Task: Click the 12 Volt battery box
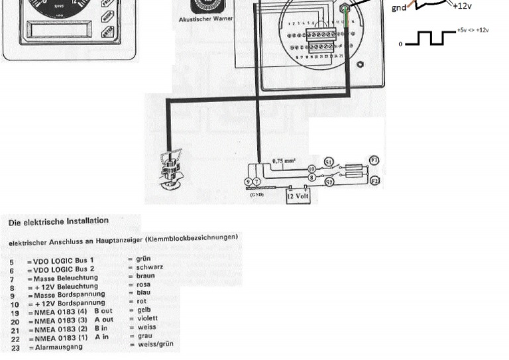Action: tap(298, 195)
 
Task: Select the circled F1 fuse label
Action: tap(374, 160)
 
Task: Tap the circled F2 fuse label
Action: tap(374, 180)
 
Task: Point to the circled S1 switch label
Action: tap(329, 161)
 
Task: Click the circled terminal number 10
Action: tap(311, 170)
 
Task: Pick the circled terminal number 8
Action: tap(311, 178)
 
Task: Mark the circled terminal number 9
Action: tap(248, 182)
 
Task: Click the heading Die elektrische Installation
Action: tap(58, 221)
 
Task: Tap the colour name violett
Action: tap(148, 318)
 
